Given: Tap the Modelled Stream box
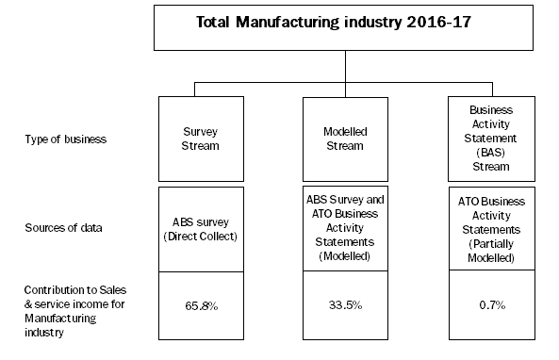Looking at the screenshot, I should tap(346, 139).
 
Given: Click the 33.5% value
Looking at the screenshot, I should tap(345, 305).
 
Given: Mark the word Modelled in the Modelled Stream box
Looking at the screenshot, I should tap(346, 133).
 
